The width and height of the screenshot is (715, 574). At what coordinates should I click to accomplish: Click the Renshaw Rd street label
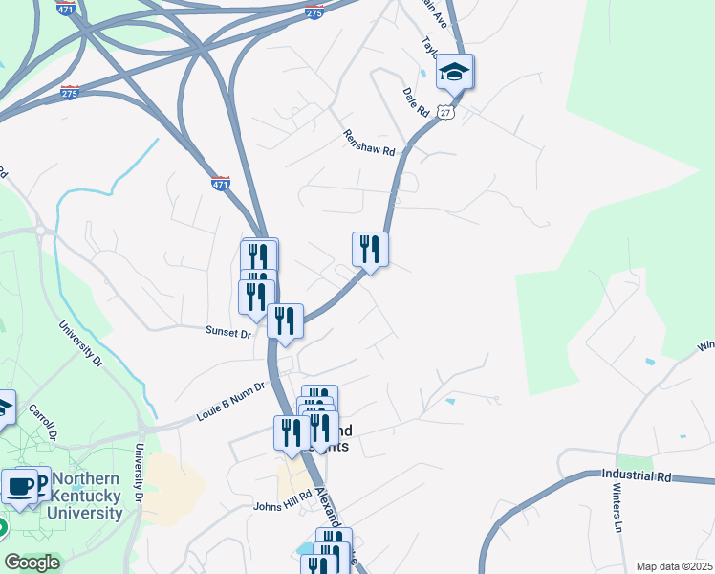click(x=369, y=143)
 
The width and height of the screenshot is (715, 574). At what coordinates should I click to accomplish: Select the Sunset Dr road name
click(x=227, y=333)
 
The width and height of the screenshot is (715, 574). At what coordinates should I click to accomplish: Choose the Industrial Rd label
click(x=637, y=475)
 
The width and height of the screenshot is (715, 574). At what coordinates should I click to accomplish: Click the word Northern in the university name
click(x=87, y=479)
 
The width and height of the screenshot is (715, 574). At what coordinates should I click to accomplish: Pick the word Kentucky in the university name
click(x=87, y=496)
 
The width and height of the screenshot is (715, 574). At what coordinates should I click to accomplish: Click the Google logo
click(x=32, y=563)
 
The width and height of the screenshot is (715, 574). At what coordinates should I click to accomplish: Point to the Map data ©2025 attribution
click(x=674, y=566)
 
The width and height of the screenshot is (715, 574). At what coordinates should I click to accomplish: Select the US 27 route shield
click(x=446, y=113)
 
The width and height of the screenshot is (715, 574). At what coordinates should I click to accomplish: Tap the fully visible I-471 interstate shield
click(x=221, y=183)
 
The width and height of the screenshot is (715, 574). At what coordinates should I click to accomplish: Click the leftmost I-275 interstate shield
click(x=70, y=92)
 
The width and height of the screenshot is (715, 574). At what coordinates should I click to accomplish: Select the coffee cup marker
click(x=20, y=485)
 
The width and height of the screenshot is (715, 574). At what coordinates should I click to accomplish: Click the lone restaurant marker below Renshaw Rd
click(x=370, y=250)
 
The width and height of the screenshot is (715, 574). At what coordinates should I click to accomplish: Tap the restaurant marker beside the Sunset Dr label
click(x=285, y=321)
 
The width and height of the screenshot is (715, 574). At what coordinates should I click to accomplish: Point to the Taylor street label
click(x=431, y=48)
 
